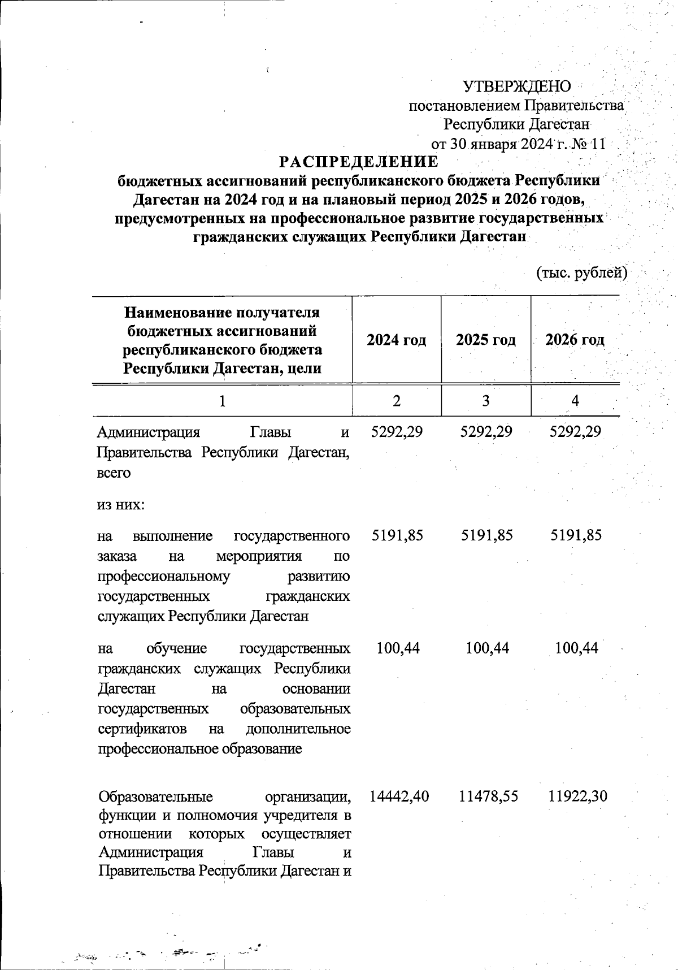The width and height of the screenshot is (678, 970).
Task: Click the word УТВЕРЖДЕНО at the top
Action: coord(516,86)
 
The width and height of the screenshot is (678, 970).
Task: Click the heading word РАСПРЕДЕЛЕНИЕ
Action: coord(359,162)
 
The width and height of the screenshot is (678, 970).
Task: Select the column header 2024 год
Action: coord(396,340)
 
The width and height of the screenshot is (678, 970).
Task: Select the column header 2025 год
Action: coord(486,340)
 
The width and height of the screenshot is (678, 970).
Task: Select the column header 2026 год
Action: coord(575,340)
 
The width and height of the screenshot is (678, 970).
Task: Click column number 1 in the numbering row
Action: coord(223,401)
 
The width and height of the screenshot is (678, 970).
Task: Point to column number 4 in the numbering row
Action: coord(575,401)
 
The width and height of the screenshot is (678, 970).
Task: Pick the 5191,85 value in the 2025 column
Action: coord(486,535)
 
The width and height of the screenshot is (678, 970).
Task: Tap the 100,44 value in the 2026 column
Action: coord(576,648)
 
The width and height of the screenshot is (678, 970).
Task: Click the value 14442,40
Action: coord(399,796)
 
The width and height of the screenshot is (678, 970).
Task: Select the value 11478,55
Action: coord(488,796)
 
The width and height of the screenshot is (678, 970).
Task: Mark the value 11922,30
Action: coord(577,796)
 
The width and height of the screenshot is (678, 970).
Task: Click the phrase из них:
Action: coord(121,504)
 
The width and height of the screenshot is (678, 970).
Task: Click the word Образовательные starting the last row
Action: coord(155,797)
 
